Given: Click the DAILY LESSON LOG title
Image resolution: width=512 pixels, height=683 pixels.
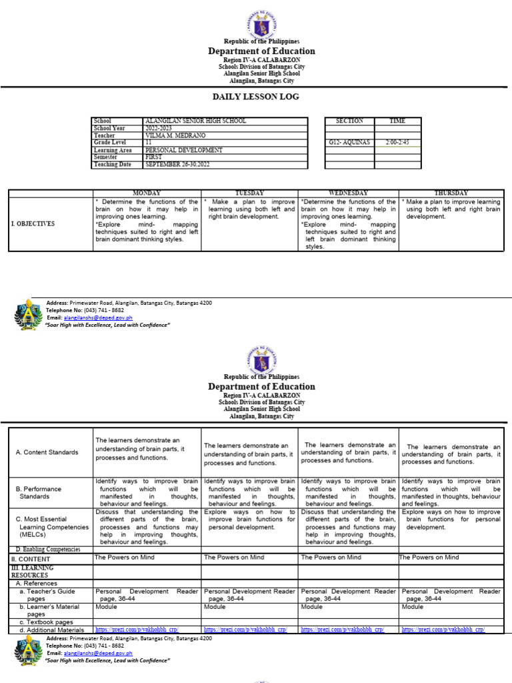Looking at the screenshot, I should coord(255,97).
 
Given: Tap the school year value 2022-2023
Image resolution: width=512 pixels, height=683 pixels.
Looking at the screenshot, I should coord(158,128).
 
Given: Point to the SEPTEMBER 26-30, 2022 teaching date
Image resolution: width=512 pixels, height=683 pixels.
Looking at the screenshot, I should coord(177,164).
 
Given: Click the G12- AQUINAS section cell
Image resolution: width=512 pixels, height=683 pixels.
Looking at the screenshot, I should coord(349,143).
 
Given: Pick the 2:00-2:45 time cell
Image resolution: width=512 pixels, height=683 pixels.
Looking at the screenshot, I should coord(397,143).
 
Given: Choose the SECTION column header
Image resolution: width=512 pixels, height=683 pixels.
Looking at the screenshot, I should coord(349,121).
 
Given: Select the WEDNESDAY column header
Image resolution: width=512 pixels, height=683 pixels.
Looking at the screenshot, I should coord(348,193).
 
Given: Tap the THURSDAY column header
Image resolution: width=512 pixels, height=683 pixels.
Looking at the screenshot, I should coord(451,193).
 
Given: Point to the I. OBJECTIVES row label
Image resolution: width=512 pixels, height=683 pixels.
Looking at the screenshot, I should coord(33,223).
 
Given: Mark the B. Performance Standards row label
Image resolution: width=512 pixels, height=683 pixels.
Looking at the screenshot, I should coord(38,492).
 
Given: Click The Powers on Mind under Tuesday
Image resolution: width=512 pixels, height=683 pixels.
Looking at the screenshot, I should coord(234,557).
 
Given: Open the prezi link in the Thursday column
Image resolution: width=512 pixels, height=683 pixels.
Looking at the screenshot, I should coord(443,629).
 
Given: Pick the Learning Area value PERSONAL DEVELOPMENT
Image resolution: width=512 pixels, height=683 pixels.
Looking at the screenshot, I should coord(183,150).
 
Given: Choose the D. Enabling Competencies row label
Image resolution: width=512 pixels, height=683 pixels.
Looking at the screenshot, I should coord(47,549).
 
